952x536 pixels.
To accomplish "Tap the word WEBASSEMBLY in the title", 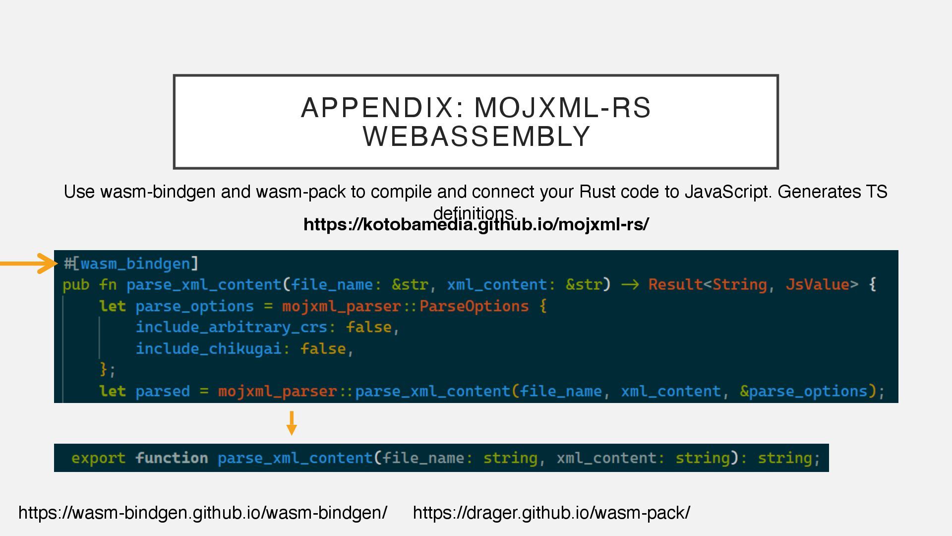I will [476, 136].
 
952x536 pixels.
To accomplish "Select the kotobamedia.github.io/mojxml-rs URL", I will [476, 224].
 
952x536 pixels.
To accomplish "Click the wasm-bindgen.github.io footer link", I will [202, 513].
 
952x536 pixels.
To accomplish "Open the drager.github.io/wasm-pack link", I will [551, 513].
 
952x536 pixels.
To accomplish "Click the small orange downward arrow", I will [292, 423].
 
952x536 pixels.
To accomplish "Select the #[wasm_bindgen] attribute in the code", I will [131, 264].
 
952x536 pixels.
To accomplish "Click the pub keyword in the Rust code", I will [76, 285].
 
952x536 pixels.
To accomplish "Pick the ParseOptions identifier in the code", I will [474, 306].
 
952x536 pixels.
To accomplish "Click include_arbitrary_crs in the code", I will [231, 328].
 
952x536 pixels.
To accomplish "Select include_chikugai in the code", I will [208, 349].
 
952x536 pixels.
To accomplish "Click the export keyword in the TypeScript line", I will [98, 458].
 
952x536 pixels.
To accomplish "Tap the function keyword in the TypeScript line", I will [172, 458].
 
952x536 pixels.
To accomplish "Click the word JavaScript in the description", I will [727, 192].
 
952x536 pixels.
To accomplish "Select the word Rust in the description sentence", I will [597, 192].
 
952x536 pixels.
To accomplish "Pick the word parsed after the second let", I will [162, 392].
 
